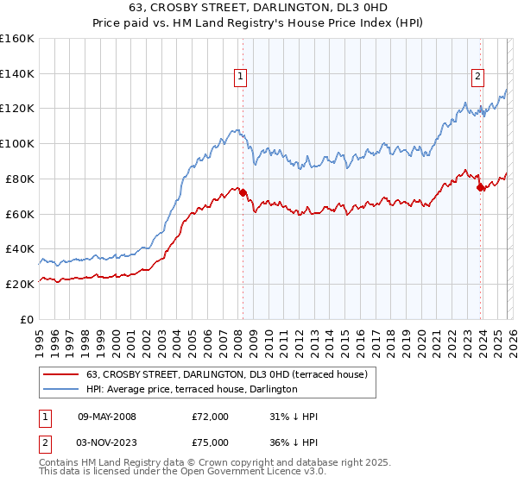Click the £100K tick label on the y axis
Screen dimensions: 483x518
17,143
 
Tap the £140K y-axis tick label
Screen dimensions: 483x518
17,73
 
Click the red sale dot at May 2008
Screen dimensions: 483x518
243,192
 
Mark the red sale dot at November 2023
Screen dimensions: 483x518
480,187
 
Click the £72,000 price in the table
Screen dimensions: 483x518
211,417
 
